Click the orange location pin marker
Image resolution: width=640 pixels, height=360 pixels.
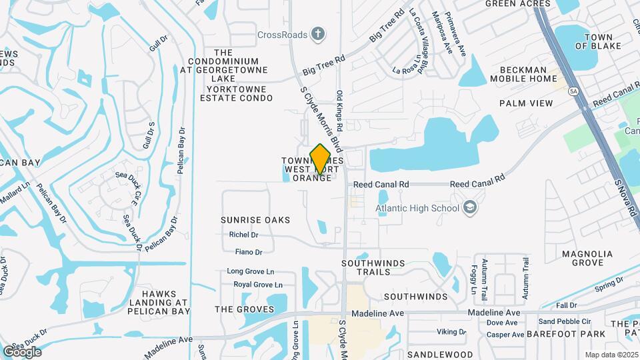point(320,159)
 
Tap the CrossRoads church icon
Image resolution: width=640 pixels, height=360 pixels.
point(319,33)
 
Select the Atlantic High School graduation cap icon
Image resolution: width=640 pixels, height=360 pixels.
point(471,208)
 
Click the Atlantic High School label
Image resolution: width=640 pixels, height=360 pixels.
point(417,208)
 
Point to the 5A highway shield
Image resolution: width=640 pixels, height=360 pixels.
point(573,90)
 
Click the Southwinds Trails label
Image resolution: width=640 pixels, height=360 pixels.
point(373,268)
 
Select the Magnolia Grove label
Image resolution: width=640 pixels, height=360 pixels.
point(587,259)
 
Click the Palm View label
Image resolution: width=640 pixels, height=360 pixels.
point(526,103)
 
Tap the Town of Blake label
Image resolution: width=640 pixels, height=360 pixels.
point(598,41)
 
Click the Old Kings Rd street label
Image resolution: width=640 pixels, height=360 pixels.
point(339,111)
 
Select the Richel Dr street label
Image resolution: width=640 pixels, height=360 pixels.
point(243,235)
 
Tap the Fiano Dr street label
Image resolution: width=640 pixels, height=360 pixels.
point(249,252)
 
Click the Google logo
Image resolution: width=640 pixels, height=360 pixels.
point(22,351)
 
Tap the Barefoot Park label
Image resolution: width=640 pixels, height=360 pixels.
point(566,333)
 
